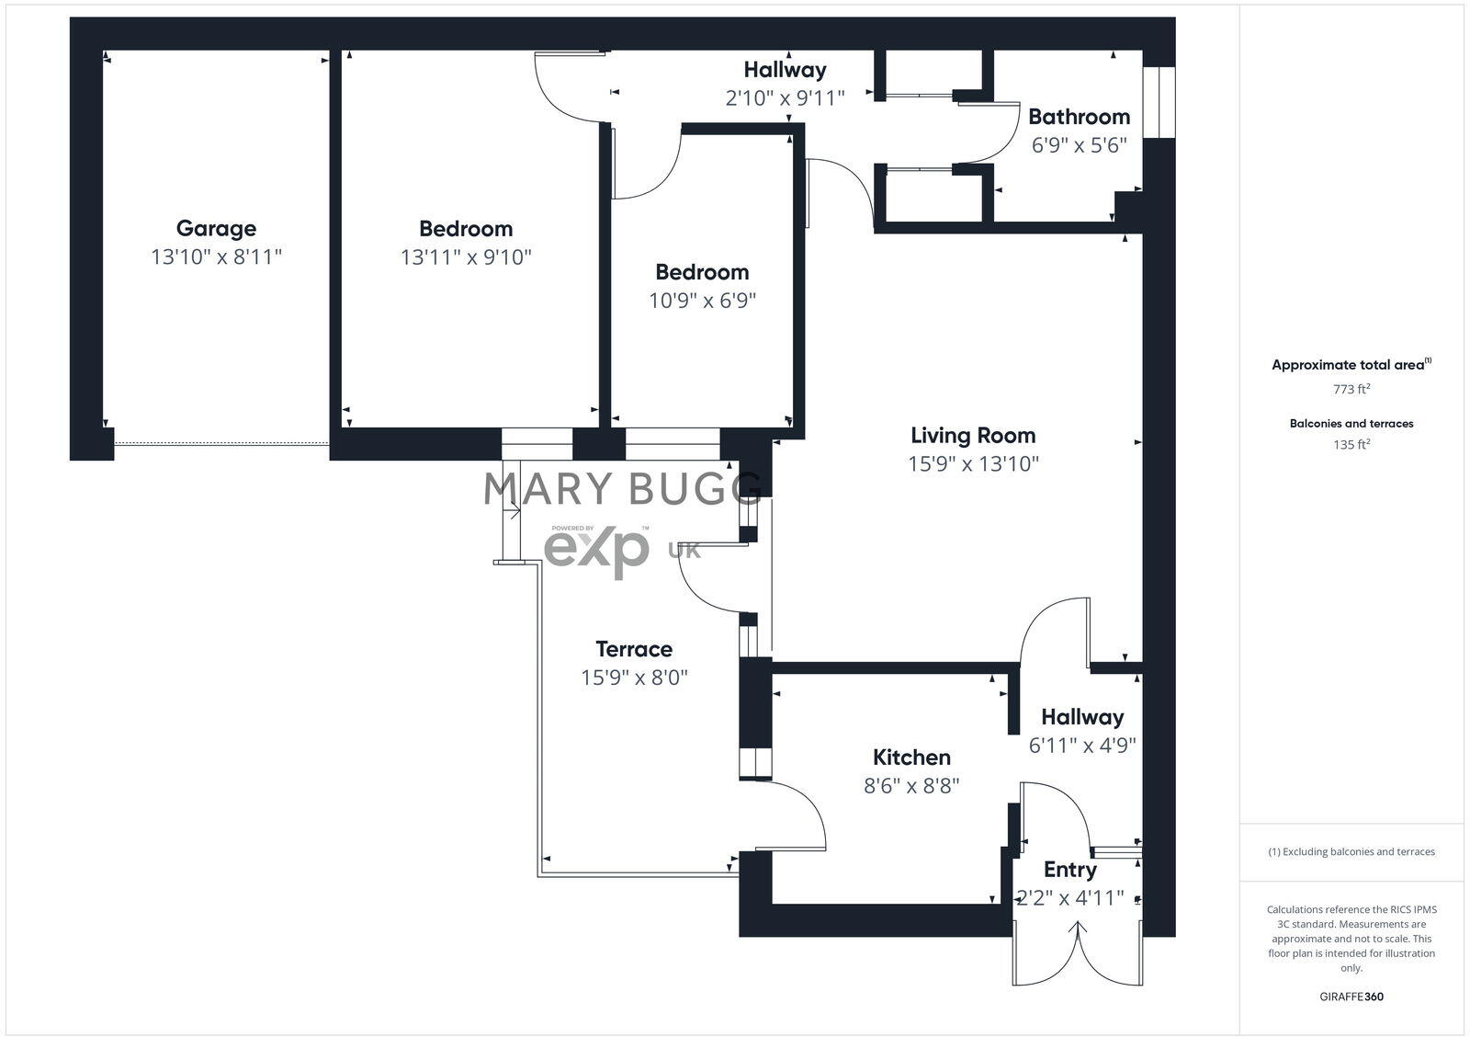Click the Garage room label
click(x=216, y=228)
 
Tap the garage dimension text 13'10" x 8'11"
click(x=216, y=256)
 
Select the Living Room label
click(x=973, y=435)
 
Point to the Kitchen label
click(x=911, y=757)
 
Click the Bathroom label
click(x=1079, y=117)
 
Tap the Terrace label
click(x=634, y=649)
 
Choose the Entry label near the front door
click(x=1070, y=869)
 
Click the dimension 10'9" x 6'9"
click(x=702, y=301)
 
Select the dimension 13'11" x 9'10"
click(x=466, y=256)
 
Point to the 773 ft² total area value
click(x=1351, y=389)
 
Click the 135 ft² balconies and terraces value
click(x=1351, y=444)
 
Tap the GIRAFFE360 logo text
click(x=1351, y=997)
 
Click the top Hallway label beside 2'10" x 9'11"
click(x=785, y=69)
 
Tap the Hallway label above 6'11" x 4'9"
click(x=1082, y=716)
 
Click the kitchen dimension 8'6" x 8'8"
click(x=911, y=786)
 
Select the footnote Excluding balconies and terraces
click(x=1351, y=851)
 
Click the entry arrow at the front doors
click(x=1078, y=933)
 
